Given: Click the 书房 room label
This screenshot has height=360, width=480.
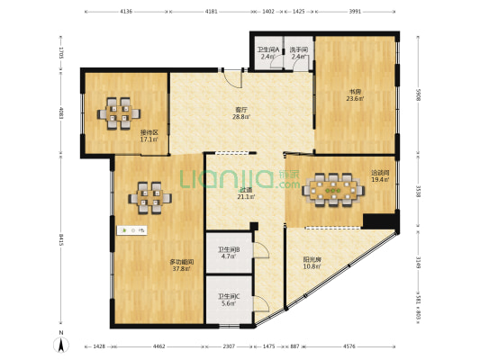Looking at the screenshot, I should (x=356, y=90).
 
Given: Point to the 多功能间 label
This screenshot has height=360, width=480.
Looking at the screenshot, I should (x=182, y=263).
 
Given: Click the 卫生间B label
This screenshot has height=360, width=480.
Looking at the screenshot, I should (x=228, y=250).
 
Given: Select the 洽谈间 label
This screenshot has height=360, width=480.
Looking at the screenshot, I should (x=379, y=174).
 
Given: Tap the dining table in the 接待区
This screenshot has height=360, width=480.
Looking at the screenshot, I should (x=119, y=112).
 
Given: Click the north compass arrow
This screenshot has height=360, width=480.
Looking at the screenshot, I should (x=60, y=342).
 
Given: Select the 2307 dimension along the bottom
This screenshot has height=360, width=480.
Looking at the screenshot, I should (x=230, y=346).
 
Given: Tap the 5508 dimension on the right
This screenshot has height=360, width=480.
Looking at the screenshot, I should (x=417, y=92).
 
